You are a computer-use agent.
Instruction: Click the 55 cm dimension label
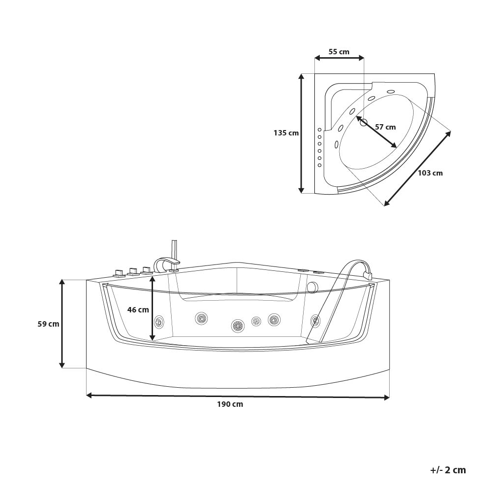[x=338, y=52]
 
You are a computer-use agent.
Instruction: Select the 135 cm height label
[x=286, y=133]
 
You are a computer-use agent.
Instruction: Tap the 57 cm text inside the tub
[x=385, y=127]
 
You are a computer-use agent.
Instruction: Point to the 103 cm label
[x=430, y=173]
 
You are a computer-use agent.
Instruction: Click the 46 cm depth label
[x=138, y=309]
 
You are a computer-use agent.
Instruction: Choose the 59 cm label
[x=48, y=324]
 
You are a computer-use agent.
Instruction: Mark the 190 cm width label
[x=230, y=404]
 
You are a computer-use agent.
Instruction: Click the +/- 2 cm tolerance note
[x=448, y=470]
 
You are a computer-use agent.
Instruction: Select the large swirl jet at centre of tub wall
[x=238, y=325]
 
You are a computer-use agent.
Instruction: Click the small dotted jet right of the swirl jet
[x=256, y=321]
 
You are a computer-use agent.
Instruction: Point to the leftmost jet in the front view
[x=159, y=321]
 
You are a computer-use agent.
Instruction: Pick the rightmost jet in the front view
[x=315, y=321]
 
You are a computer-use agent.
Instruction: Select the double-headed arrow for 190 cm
[x=238, y=396]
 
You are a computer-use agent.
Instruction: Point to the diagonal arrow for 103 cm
[x=417, y=168]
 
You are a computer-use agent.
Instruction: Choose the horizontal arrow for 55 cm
[x=339, y=58]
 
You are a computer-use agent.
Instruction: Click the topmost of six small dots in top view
[x=319, y=130]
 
